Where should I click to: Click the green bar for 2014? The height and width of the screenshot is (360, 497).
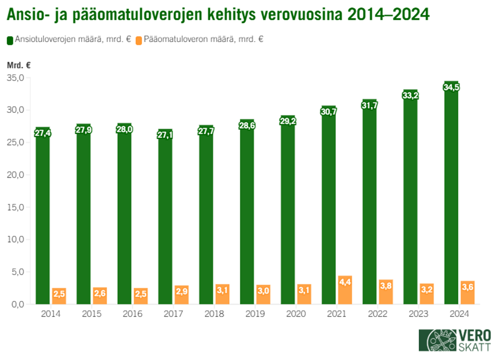pos(43,218)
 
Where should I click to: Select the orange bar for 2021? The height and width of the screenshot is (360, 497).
pos(345,290)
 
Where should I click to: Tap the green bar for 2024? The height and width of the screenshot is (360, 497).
pos(451,198)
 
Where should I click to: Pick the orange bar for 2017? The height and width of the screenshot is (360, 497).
pos(181,295)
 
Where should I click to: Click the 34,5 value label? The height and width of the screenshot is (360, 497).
pos(451,87)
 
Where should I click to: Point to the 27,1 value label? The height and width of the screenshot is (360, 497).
pos(165,135)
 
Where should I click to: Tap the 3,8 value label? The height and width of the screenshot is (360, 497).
pos(386,287)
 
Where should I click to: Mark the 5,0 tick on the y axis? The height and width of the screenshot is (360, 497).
pos(16,272)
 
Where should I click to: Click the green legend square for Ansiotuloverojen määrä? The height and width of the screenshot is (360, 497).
pos(10,40)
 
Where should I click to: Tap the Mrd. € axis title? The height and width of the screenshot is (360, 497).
pos(19,65)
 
